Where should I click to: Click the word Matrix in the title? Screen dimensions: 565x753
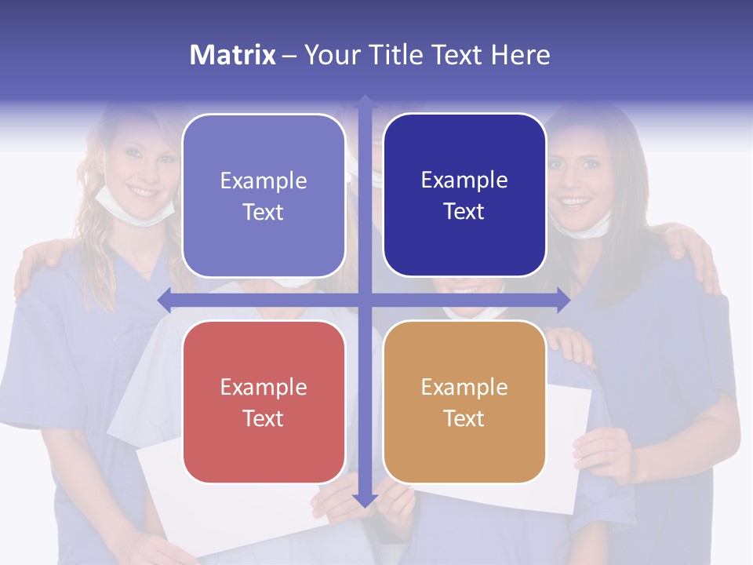[232, 55]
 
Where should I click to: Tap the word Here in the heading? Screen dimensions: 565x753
[520, 55]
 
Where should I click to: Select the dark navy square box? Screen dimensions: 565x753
[464, 195]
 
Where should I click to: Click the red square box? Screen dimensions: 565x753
[264, 402]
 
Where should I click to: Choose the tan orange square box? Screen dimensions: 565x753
[464, 402]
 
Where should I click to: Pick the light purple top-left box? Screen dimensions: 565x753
[264, 195]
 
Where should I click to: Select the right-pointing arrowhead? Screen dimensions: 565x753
[562, 300]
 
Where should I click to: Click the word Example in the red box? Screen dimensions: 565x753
[264, 387]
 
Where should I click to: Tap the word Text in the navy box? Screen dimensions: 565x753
[464, 211]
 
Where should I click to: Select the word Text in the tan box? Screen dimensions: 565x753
[464, 418]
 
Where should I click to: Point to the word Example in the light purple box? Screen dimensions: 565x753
[264, 180]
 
